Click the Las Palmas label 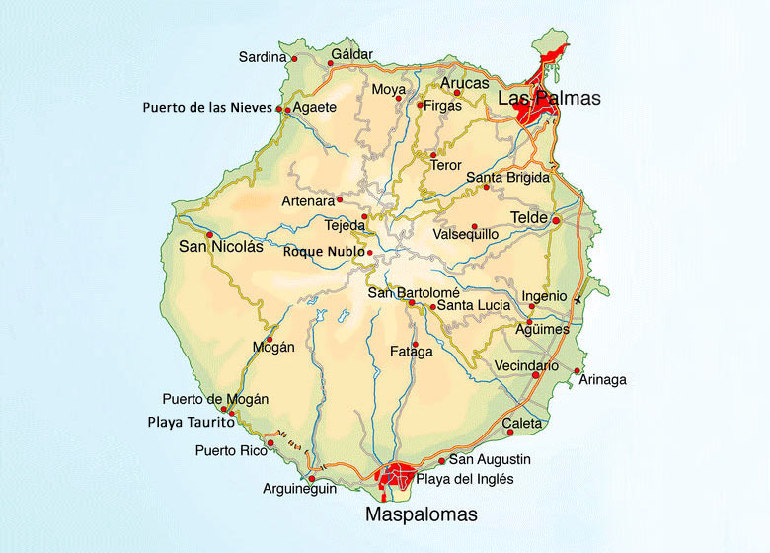(549, 99)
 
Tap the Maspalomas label (421, 514)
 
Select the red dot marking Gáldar (331, 64)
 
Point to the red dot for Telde (556, 220)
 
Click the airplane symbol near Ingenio (577, 299)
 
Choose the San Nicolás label (220, 247)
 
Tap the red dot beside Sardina (294, 59)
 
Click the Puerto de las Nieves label (207, 107)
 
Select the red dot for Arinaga (577, 371)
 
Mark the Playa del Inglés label (451, 480)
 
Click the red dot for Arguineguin (311, 479)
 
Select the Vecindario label (526, 366)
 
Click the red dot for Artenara (340, 199)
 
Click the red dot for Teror (432, 155)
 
